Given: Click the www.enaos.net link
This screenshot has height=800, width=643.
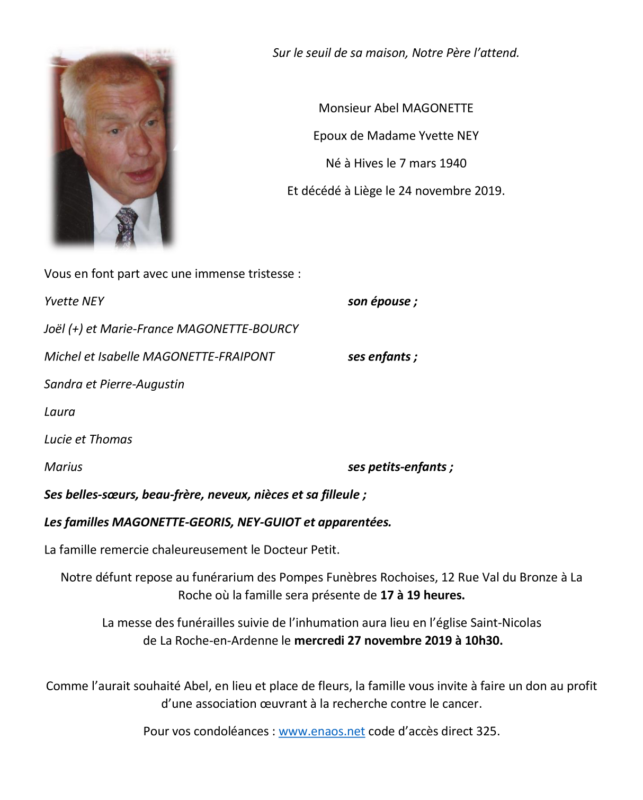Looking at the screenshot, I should pyautogui.click(x=322, y=732).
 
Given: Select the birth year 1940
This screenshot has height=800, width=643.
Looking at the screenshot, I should pyautogui.click(x=452, y=163).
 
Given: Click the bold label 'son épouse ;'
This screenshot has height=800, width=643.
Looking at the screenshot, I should pyautogui.click(x=382, y=302).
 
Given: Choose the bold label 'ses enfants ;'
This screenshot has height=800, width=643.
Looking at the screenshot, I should pyautogui.click(x=382, y=357).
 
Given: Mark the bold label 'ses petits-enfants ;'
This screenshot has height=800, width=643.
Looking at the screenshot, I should pyautogui.click(x=400, y=467).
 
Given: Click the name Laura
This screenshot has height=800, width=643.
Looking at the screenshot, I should pyautogui.click(x=60, y=412).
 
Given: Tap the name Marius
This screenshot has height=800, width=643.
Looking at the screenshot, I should pyautogui.click(x=64, y=467).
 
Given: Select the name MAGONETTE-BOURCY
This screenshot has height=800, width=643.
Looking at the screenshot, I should pyautogui.click(x=238, y=329).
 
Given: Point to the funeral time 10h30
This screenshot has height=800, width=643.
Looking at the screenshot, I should pyautogui.click(x=483, y=641).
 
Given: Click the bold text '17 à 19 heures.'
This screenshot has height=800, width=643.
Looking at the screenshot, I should pyautogui.click(x=422, y=595).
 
